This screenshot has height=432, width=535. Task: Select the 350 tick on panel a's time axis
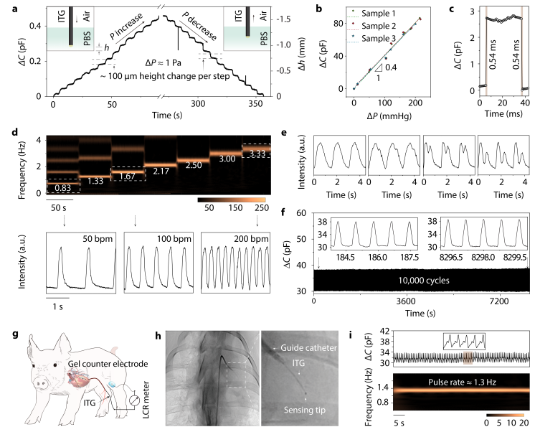(x=249, y=105)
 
